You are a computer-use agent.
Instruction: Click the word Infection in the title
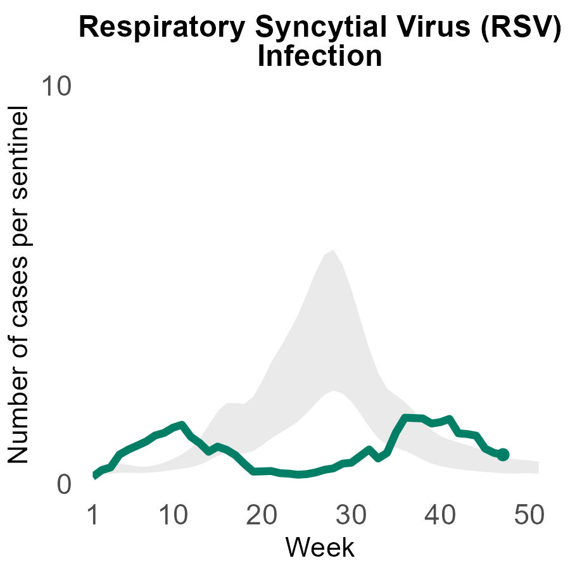pyautogui.click(x=320, y=57)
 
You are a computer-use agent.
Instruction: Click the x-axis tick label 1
pyautogui.click(x=93, y=516)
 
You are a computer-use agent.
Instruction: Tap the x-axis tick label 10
pyautogui.click(x=173, y=516)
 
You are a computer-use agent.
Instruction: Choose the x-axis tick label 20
pyautogui.click(x=262, y=516)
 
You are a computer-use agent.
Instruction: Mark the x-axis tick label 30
pyautogui.click(x=350, y=516)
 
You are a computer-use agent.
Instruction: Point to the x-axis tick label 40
pyautogui.click(x=439, y=516)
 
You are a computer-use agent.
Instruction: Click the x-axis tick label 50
pyautogui.click(x=528, y=516)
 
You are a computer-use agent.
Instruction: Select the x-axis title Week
pyautogui.click(x=320, y=547)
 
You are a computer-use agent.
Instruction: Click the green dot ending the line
pyautogui.click(x=503, y=454)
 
